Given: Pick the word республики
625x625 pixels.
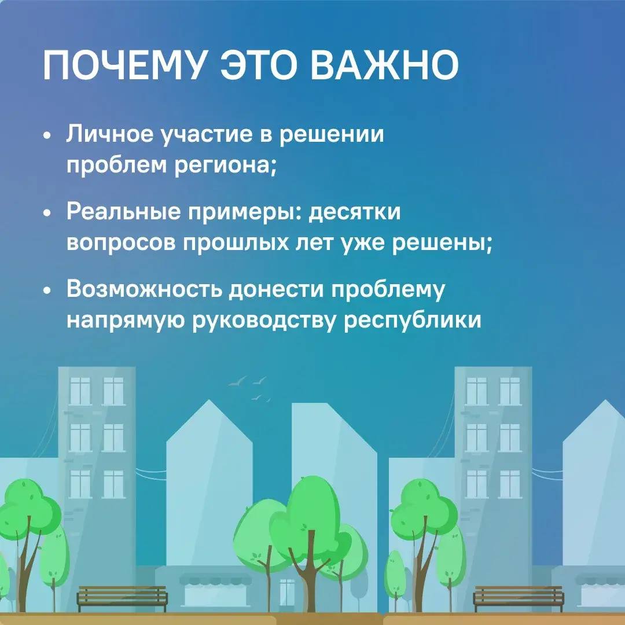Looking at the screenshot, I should click(x=413, y=320).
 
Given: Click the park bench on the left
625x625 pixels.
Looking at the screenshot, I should click(x=122, y=597).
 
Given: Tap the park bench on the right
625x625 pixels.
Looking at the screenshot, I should click(x=518, y=597).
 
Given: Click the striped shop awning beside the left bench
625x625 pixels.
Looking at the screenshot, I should click(x=215, y=579).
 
